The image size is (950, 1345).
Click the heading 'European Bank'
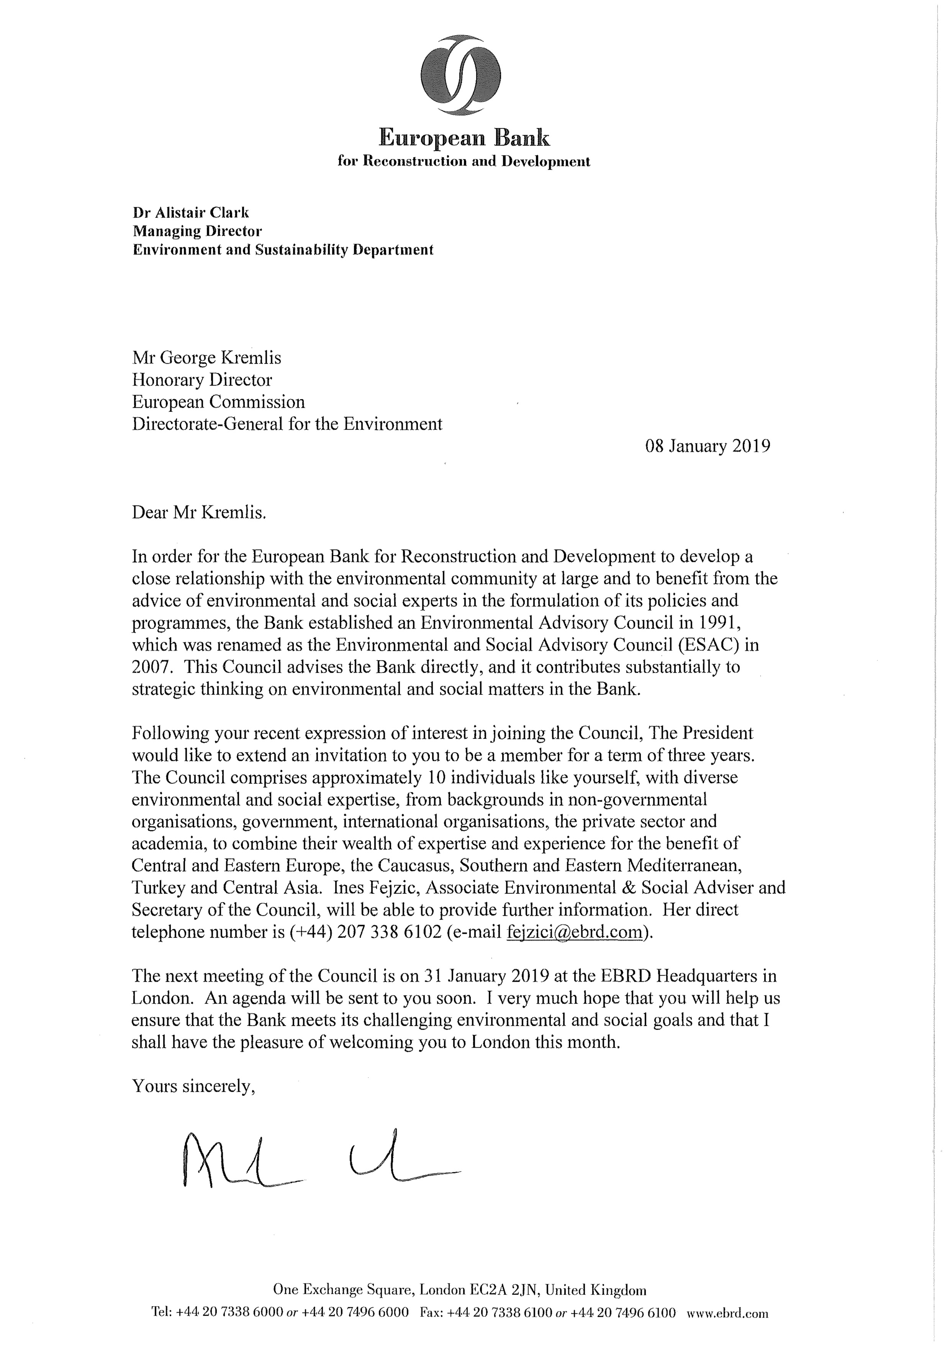tap(464, 138)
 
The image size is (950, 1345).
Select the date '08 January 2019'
tap(708, 446)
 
